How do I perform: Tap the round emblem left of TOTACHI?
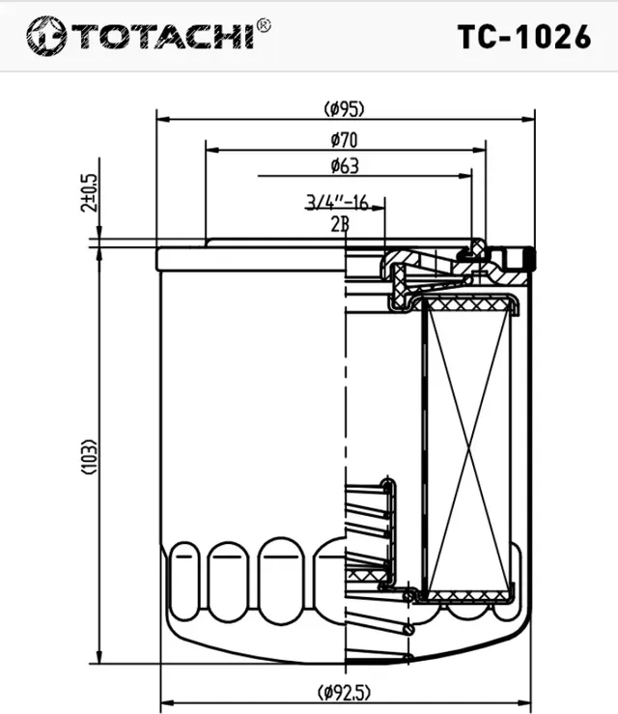pos(44,36)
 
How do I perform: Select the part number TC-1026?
pos(523,36)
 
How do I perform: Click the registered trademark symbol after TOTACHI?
pos(264,25)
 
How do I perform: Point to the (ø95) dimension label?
pos(345,107)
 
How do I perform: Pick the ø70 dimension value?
pos(345,141)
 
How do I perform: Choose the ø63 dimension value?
pos(345,166)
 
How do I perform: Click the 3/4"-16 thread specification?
pos(337,202)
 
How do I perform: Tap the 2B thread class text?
pos(339,224)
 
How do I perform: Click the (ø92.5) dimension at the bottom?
pos(345,692)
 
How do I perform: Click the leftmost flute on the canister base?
pos(184,579)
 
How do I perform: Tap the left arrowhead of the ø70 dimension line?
pos(211,151)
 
